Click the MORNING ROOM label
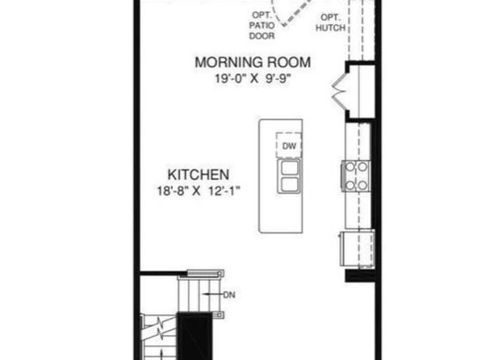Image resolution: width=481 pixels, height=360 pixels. (253, 62)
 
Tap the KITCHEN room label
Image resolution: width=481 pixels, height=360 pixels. (199, 174)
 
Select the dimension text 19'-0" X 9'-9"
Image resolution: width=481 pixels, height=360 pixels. (252, 79)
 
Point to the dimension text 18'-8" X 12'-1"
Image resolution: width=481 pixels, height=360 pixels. (199, 191)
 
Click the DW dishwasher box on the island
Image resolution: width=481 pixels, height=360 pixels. (289, 145)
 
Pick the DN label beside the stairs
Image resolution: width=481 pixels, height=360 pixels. (229, 295)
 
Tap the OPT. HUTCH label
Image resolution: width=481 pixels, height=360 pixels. (330, 23)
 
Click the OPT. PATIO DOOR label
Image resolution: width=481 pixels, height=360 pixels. (261, 26)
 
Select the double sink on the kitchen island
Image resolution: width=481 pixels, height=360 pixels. (289, 176)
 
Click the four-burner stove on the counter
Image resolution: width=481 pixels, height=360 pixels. (356, 176)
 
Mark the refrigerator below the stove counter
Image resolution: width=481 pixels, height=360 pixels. (357, 249)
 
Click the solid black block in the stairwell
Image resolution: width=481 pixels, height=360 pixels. (195, 336)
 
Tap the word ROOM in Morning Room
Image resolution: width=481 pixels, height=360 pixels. (289, 62)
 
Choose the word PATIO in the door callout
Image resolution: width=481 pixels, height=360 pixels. (261, 26)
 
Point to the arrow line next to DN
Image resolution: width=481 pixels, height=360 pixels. (213, 295)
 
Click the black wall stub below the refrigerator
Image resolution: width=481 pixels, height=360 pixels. (360, 275)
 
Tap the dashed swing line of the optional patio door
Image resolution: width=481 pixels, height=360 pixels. (299, 11)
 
